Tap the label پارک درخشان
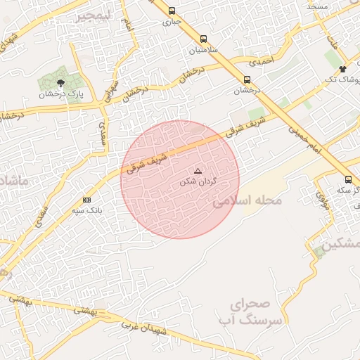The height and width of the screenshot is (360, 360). click(61, 94)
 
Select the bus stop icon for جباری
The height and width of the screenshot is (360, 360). click(172, 11)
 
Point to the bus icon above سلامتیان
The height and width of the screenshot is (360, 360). click(203, 39)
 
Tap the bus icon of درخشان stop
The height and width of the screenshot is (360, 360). click(247, 79)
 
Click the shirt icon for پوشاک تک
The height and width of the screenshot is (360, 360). click(342, 69)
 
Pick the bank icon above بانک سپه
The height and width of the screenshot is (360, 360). click(86, 200)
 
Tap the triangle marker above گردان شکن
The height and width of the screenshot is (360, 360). click(198, 171)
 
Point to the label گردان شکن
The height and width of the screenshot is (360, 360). click(198, 181)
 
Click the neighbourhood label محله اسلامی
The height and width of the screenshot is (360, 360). click(247, 201)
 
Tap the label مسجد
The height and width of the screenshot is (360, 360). click(317, 6)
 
